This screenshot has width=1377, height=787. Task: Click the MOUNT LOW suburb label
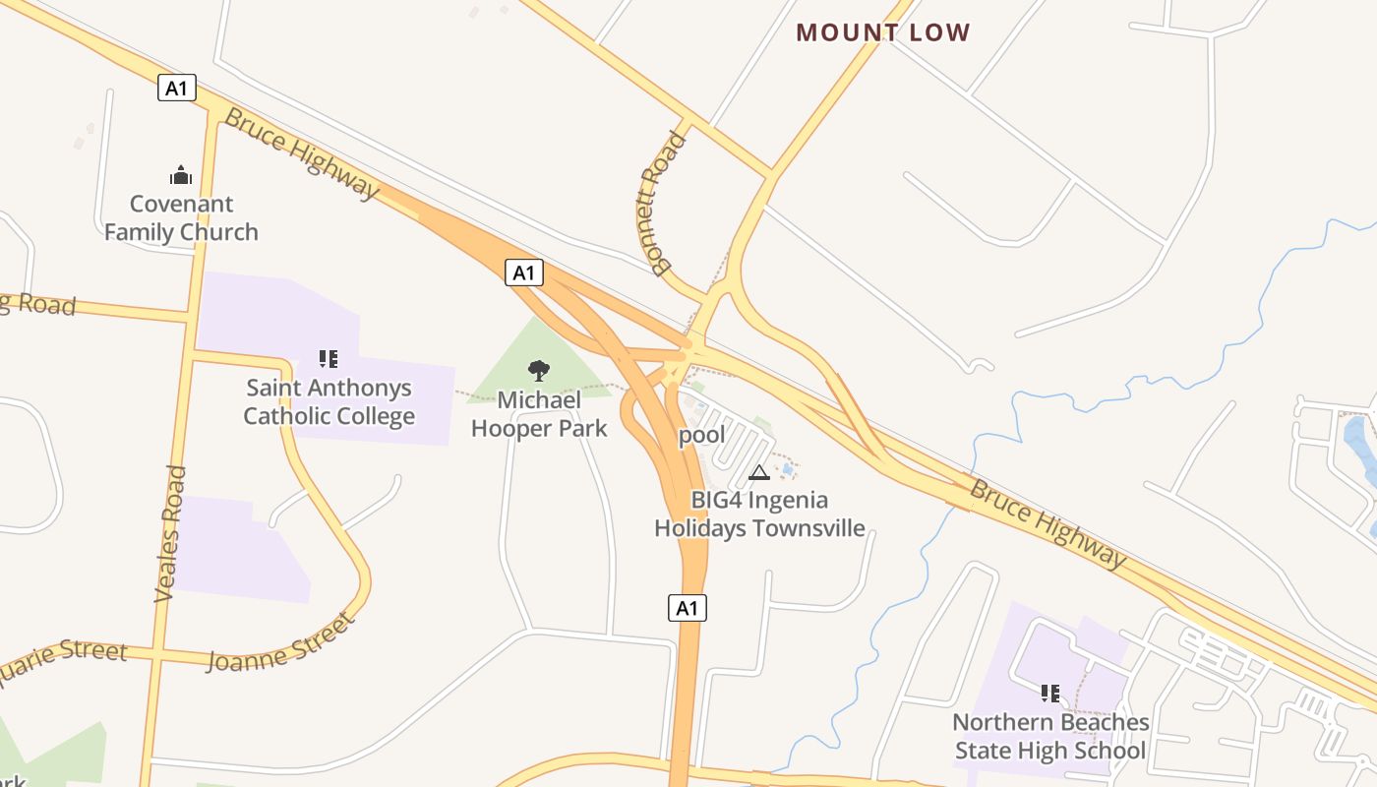[x=882, y=32]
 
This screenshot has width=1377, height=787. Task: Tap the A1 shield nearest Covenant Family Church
[x=176, y=89]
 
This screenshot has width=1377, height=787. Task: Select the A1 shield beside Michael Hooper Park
[x=524, y=272]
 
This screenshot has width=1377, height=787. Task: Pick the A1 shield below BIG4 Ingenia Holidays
[x=688, y=608]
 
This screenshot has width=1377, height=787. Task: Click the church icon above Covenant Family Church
[x=181, y=176]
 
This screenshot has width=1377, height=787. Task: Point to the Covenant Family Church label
[x=182, y=218]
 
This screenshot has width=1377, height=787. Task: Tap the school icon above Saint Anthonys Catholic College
[x=329, y=359]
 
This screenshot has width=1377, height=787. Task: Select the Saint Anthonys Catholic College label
[x=329, y=402]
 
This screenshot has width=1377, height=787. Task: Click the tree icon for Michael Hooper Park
[x=538, y=371]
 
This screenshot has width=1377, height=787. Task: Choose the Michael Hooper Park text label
[x=539, y=414]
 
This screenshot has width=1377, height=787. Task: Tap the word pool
[x=702, y=435]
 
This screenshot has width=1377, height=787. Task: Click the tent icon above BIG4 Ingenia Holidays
[x=759, y=473]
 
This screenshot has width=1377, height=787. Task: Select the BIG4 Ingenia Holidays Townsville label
[x=759, y=515]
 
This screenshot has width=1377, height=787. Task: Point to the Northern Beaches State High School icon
[x=1050, y=694]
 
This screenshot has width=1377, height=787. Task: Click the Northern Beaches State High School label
[x=1050, y=737]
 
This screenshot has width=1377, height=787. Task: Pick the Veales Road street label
[x=170, y=533]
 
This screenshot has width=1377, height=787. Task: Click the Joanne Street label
[x=281, y=642]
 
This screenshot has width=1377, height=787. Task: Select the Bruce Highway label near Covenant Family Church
[x=301, y=153]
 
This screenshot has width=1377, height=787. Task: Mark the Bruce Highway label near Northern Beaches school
[x=1048, y=523]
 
